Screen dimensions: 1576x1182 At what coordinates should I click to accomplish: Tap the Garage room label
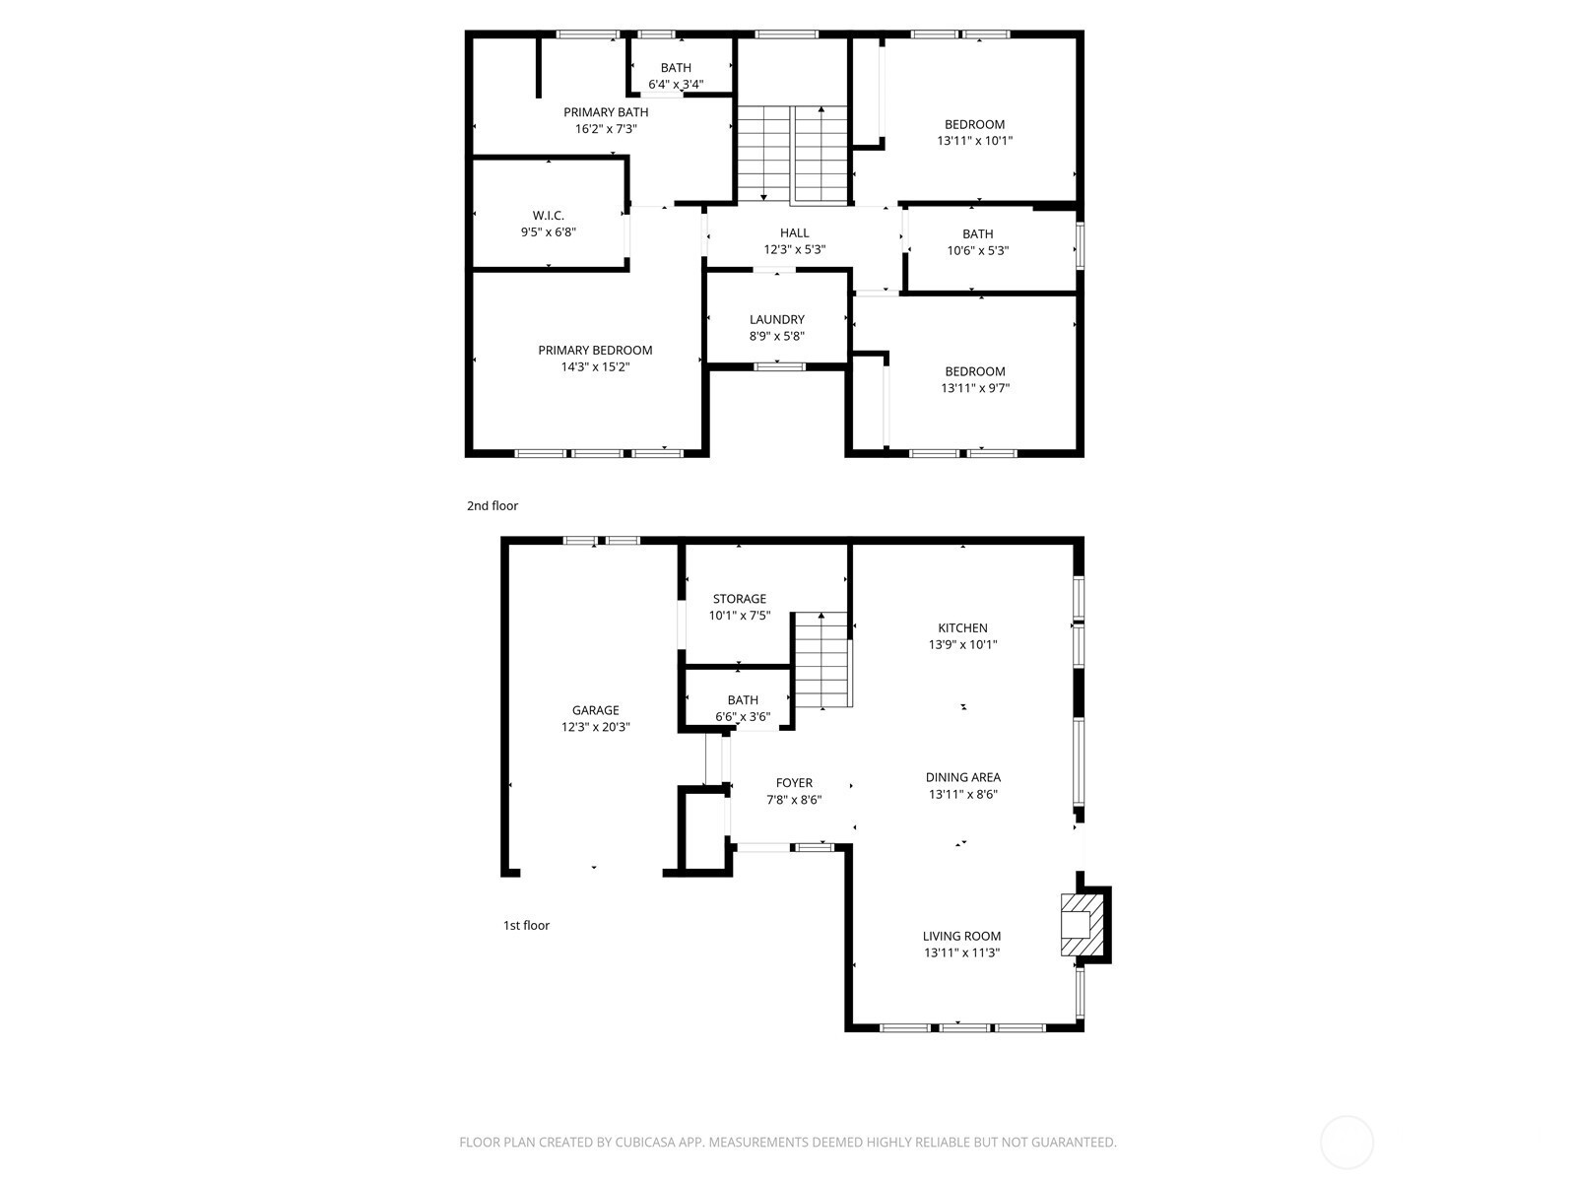pyautogui.click(x=595, y=710)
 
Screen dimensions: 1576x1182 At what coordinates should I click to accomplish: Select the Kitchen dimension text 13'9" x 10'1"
pyautogui.click(x=962, y=644)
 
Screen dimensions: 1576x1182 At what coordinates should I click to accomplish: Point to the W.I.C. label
pyautogui.click(x=548, y=216)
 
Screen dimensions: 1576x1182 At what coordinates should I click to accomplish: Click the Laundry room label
pyautogui.click(x=777, y=319)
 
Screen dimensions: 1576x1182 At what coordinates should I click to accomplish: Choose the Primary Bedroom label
pyautogui.click(x=595, y=351)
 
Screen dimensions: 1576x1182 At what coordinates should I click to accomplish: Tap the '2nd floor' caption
pyautogui.click(x=492, y=505)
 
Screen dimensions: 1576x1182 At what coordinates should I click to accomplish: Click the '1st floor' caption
pyautogui.click(x=526, y=925)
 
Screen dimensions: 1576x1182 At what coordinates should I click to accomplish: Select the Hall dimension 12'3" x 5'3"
pyautogui.click(x=794, y=250)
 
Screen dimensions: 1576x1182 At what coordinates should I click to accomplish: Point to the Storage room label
pyautogui.click(x=740, y=599)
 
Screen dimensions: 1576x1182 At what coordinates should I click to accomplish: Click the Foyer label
pyautogui.click(x=794, y=783)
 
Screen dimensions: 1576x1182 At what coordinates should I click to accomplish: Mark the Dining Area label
pyautogui.click(x=962, y=777)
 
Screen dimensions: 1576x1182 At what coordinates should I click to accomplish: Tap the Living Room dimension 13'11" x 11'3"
pyautogui.click(x=961, y=952)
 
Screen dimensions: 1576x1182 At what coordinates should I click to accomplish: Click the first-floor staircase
pyautogui.click(x=821, y=660)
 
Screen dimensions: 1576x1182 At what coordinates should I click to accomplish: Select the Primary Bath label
pyautogui.click(x=606, y=112)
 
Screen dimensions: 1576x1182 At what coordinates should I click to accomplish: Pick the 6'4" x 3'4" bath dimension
pyautogui.click(x=676, y=84)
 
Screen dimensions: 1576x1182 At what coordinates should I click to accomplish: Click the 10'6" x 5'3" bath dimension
pyautogui.click(x=977, y=250)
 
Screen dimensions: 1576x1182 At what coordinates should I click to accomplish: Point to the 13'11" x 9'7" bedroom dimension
pyautogui.click(x=975, y=388)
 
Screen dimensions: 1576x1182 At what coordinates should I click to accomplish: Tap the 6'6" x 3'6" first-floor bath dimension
pyautogui.click(x=743, y=716)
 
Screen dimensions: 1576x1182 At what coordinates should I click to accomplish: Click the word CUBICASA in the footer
pyautogui.click(x=645, y=1142)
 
